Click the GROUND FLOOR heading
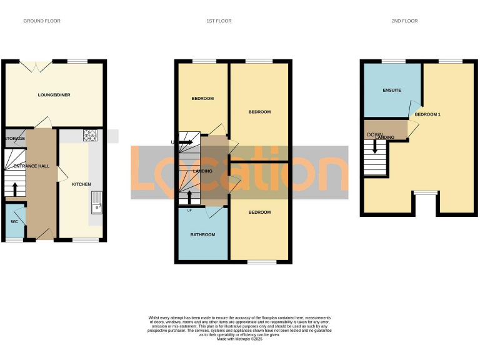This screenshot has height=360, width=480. [x=41, y=21]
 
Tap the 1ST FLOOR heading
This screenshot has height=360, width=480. [x=219, y=21]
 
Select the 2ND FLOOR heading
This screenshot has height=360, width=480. [x=404, y=21]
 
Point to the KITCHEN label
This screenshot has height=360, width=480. [x=81, y=184]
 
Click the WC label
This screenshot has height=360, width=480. [x=14, y=222]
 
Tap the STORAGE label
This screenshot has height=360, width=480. [x=15, y=138]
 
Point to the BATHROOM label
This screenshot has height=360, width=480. [x=202, y=235]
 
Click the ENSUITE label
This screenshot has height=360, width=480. [x=392, y=91]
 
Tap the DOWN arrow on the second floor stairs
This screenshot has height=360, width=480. [x=374, y=147]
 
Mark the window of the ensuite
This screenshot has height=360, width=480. [x=392, y=61]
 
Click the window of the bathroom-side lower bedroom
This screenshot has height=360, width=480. [x=262, y=262]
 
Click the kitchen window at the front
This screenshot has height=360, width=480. [x=86, y=240]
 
